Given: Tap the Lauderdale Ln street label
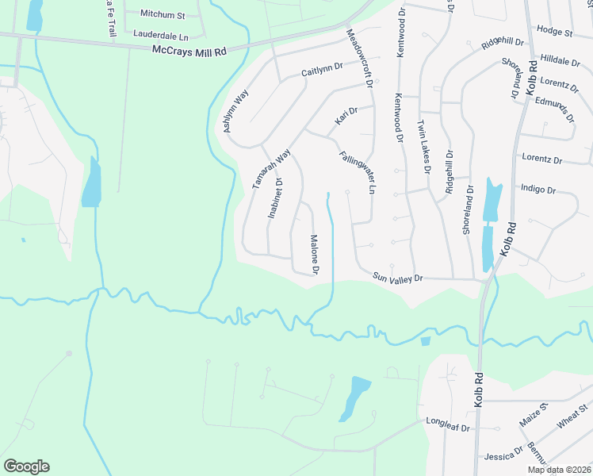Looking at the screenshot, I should pos(162,35).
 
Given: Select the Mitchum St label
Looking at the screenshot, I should pos(163,14).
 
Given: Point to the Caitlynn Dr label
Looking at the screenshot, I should pos(322,71).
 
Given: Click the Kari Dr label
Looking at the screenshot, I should pos(346,116).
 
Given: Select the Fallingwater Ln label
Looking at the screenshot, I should pos(357,173).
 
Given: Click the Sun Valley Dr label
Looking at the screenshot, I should pos(399,278).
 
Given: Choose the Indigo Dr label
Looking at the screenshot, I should pos(538,190).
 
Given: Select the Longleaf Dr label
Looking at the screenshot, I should pos(449,426).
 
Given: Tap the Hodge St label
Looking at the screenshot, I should pos(554,32).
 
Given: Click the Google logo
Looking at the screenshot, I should pos(26,466).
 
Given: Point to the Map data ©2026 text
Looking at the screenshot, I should pos(560,470).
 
